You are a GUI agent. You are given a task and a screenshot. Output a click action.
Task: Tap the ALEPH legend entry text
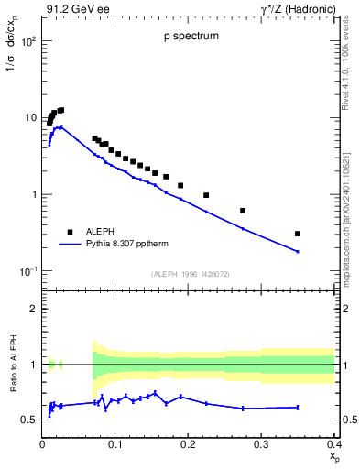(x=99, y=232)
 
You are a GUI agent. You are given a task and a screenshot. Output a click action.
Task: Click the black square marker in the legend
(x=69, y=232)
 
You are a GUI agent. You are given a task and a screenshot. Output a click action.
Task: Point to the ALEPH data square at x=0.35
(x=298, y=234)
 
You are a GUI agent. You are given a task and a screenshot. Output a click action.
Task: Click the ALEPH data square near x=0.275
(x=243, y=211)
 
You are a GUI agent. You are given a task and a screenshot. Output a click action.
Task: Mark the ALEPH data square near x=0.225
(x=206, y=195)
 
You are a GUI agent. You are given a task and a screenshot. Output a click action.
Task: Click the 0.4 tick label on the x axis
(x=333, y=445)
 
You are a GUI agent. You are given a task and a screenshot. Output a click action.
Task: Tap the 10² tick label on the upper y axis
(x=29, y=42)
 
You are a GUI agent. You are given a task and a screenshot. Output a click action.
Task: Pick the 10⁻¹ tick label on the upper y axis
(x=29, y=271)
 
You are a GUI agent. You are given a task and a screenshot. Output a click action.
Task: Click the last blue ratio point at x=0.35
(x=298, y=407)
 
